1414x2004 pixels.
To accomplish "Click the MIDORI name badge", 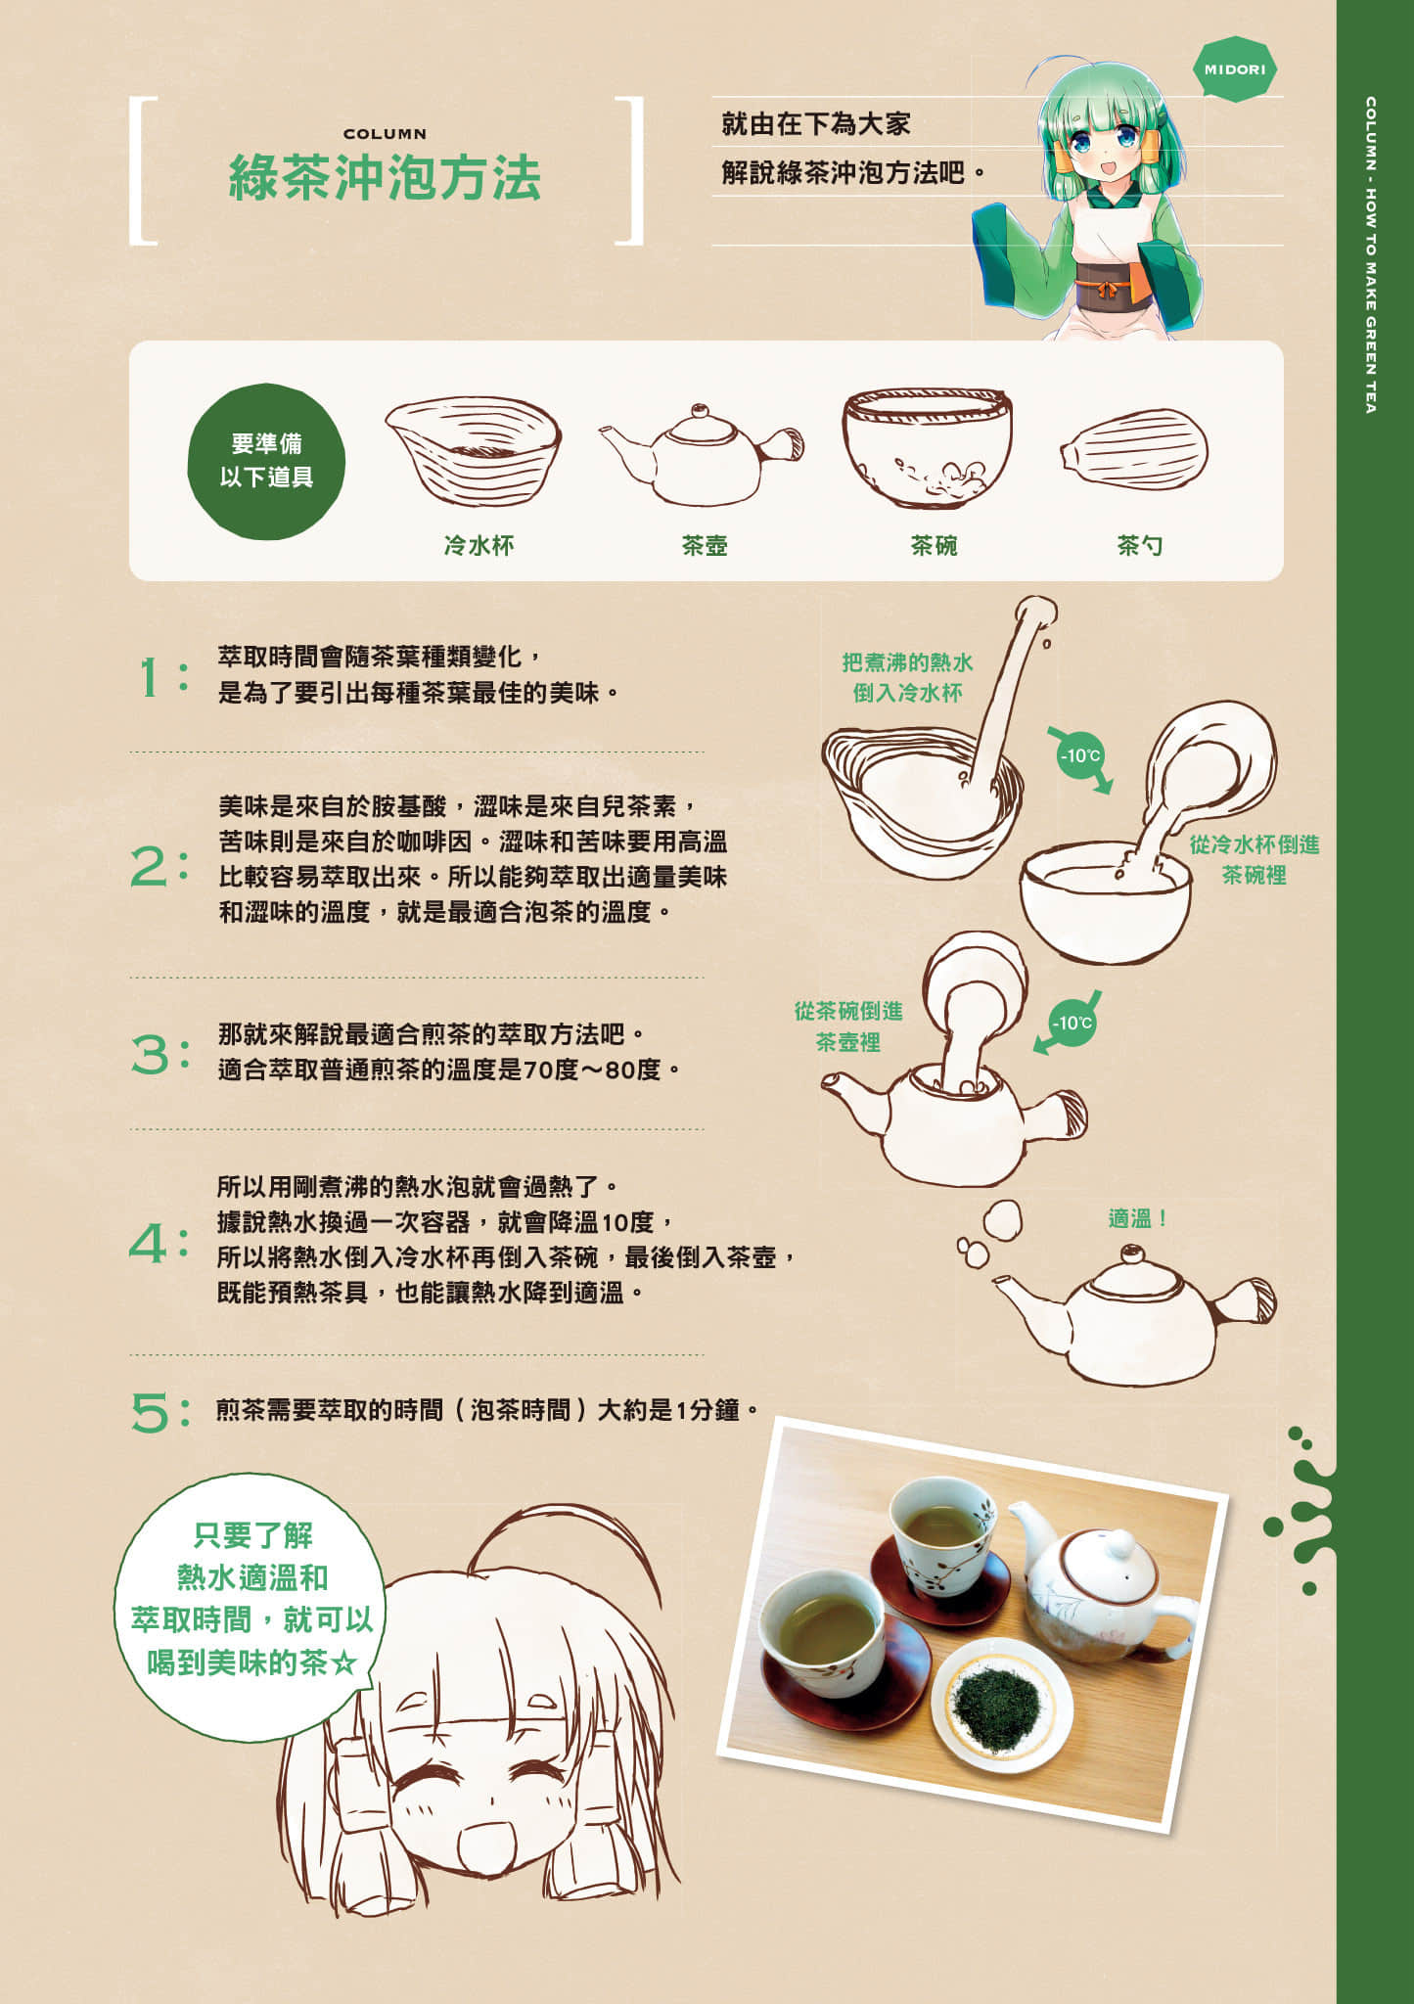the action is pyautogui.click(x=1235, y=69).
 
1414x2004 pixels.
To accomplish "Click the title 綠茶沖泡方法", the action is pyautogui.click(x=385, y=177).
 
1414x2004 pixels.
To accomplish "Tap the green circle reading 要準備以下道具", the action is pyautogui.click(x=266, y=461).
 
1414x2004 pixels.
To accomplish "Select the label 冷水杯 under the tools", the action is pyautogui.click(x=479, y=545).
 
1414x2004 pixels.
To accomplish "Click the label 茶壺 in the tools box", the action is pyautogui.click(x=705, y=545).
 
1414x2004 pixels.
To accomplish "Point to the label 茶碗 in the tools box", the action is pyautogui.click(x=934, y=545).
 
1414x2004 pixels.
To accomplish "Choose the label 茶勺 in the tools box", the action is pyautogui.click(x=1140, y=545).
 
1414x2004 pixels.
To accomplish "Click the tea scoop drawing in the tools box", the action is pyautogui.click(x=1134, y=450).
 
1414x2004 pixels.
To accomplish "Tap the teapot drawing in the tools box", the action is pyautogui.click(x=702, y=453).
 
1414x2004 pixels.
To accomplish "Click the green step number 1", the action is pyautogui.click(x=151, y=676).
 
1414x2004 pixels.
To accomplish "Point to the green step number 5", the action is pyautogui.click(x=151, y=1413).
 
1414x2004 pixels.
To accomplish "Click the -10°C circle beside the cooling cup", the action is pyautogui.click(x=1080, y=755).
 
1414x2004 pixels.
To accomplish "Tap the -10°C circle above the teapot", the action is pyautogui.click(x=1072, y=1024).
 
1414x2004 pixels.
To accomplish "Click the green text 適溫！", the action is pyautogui.click(x=1138, y=1218).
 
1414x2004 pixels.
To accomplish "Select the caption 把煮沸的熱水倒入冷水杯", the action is pyautogui.click(x=907, y=677).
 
